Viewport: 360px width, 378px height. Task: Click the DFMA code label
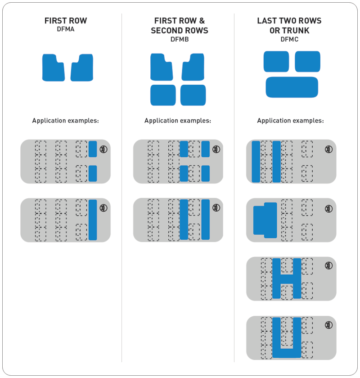tap(66, 29)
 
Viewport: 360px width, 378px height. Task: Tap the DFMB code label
tap(179, 39)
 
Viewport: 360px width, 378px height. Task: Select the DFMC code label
tap(289, 39)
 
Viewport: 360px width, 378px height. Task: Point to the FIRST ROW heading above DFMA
tap(66, 21)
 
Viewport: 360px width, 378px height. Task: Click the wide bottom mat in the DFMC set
tap(292, 87)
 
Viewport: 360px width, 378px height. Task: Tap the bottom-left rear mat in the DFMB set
tap(163, 95)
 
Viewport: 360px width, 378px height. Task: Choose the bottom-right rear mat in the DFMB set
tap(193, 95)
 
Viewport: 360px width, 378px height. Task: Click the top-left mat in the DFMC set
tap(276, 61)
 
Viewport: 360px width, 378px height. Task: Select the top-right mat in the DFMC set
tap(307, 61)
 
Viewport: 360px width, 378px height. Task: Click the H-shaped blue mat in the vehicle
tap(287, 279)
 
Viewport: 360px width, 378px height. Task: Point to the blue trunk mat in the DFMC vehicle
tap(265, 220)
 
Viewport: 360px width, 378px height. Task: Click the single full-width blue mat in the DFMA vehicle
tap(93, 220)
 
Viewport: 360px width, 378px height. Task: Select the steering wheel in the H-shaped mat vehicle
tap(329, 266)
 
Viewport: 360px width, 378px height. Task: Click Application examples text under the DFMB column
tap(178, 121)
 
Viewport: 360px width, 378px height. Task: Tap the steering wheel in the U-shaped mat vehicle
tap(329, 324)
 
